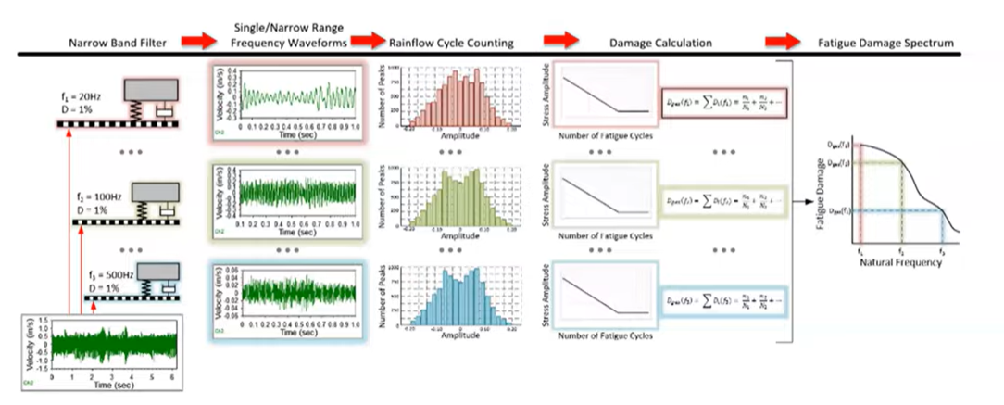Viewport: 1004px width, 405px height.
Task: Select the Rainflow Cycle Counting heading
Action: click(x=439, y=43)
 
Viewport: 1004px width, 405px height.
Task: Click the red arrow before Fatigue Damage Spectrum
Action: click(x=778, y=41)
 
